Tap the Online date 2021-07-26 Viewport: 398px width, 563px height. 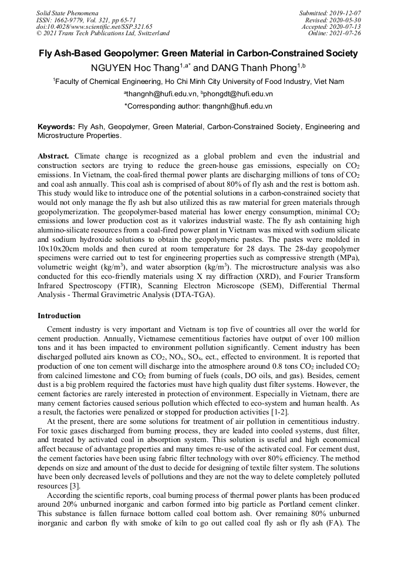(349, 33)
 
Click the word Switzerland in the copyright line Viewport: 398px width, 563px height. (151, 33)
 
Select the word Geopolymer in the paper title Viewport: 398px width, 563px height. (130, 53)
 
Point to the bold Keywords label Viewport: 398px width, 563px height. (56, 127)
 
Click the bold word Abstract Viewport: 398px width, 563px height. (54, 157)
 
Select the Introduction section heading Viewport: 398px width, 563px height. (59, 316)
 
